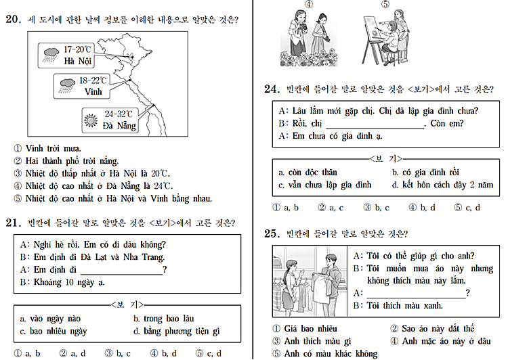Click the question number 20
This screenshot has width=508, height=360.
tap(13, 20)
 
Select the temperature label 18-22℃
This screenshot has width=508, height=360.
tap(94, 80)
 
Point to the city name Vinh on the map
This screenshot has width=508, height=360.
tap(93, 91)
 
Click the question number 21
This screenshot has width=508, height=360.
tap(13, 222)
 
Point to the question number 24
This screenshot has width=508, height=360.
tap(272, 89)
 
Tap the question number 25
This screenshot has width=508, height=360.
tap(272, 233)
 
